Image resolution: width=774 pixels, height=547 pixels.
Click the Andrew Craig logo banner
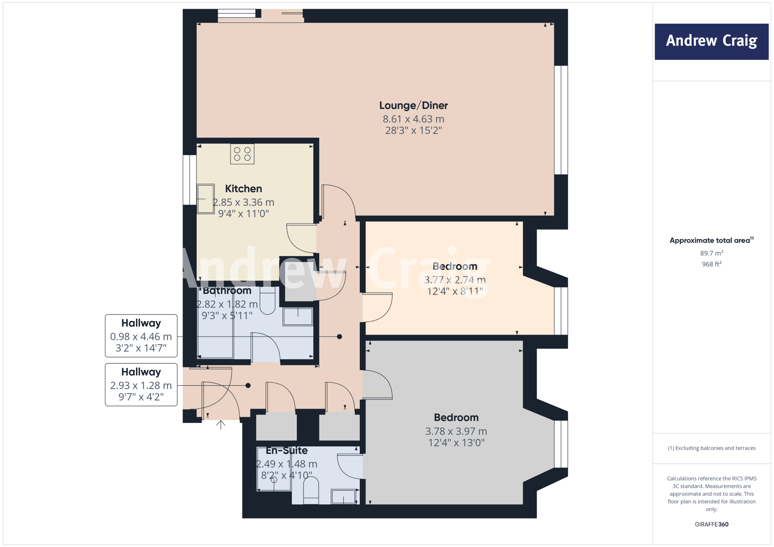[711, 42]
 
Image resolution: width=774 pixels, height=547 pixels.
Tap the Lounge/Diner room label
[413, 105]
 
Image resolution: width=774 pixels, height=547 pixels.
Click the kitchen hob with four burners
[242, 154]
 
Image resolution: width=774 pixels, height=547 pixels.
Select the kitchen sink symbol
[206, 199]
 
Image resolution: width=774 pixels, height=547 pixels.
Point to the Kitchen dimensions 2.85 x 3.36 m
[243, 202]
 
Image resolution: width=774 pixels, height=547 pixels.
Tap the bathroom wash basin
[298, 317]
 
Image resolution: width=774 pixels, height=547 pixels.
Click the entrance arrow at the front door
[221, 425]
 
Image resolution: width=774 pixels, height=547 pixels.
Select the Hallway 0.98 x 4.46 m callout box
[141, 336]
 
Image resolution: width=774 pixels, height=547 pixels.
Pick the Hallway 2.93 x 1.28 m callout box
[141, 385]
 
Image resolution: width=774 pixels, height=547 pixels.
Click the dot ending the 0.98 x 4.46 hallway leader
[339, 337]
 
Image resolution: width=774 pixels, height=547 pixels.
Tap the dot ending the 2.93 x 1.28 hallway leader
[248, 386]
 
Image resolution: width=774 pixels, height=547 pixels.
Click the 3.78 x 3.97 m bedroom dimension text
[456, 431]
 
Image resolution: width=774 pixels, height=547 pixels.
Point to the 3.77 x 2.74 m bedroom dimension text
[455, 280]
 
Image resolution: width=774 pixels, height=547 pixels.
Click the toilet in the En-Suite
[311, 490]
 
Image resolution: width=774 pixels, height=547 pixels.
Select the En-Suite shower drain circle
[274, 480]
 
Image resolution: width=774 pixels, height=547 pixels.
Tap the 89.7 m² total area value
[711, 253]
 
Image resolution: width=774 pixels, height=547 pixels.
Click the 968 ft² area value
[711, 264]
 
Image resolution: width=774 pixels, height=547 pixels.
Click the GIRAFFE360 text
[711, 524]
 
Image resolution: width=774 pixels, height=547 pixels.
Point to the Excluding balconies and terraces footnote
[711, 448]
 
